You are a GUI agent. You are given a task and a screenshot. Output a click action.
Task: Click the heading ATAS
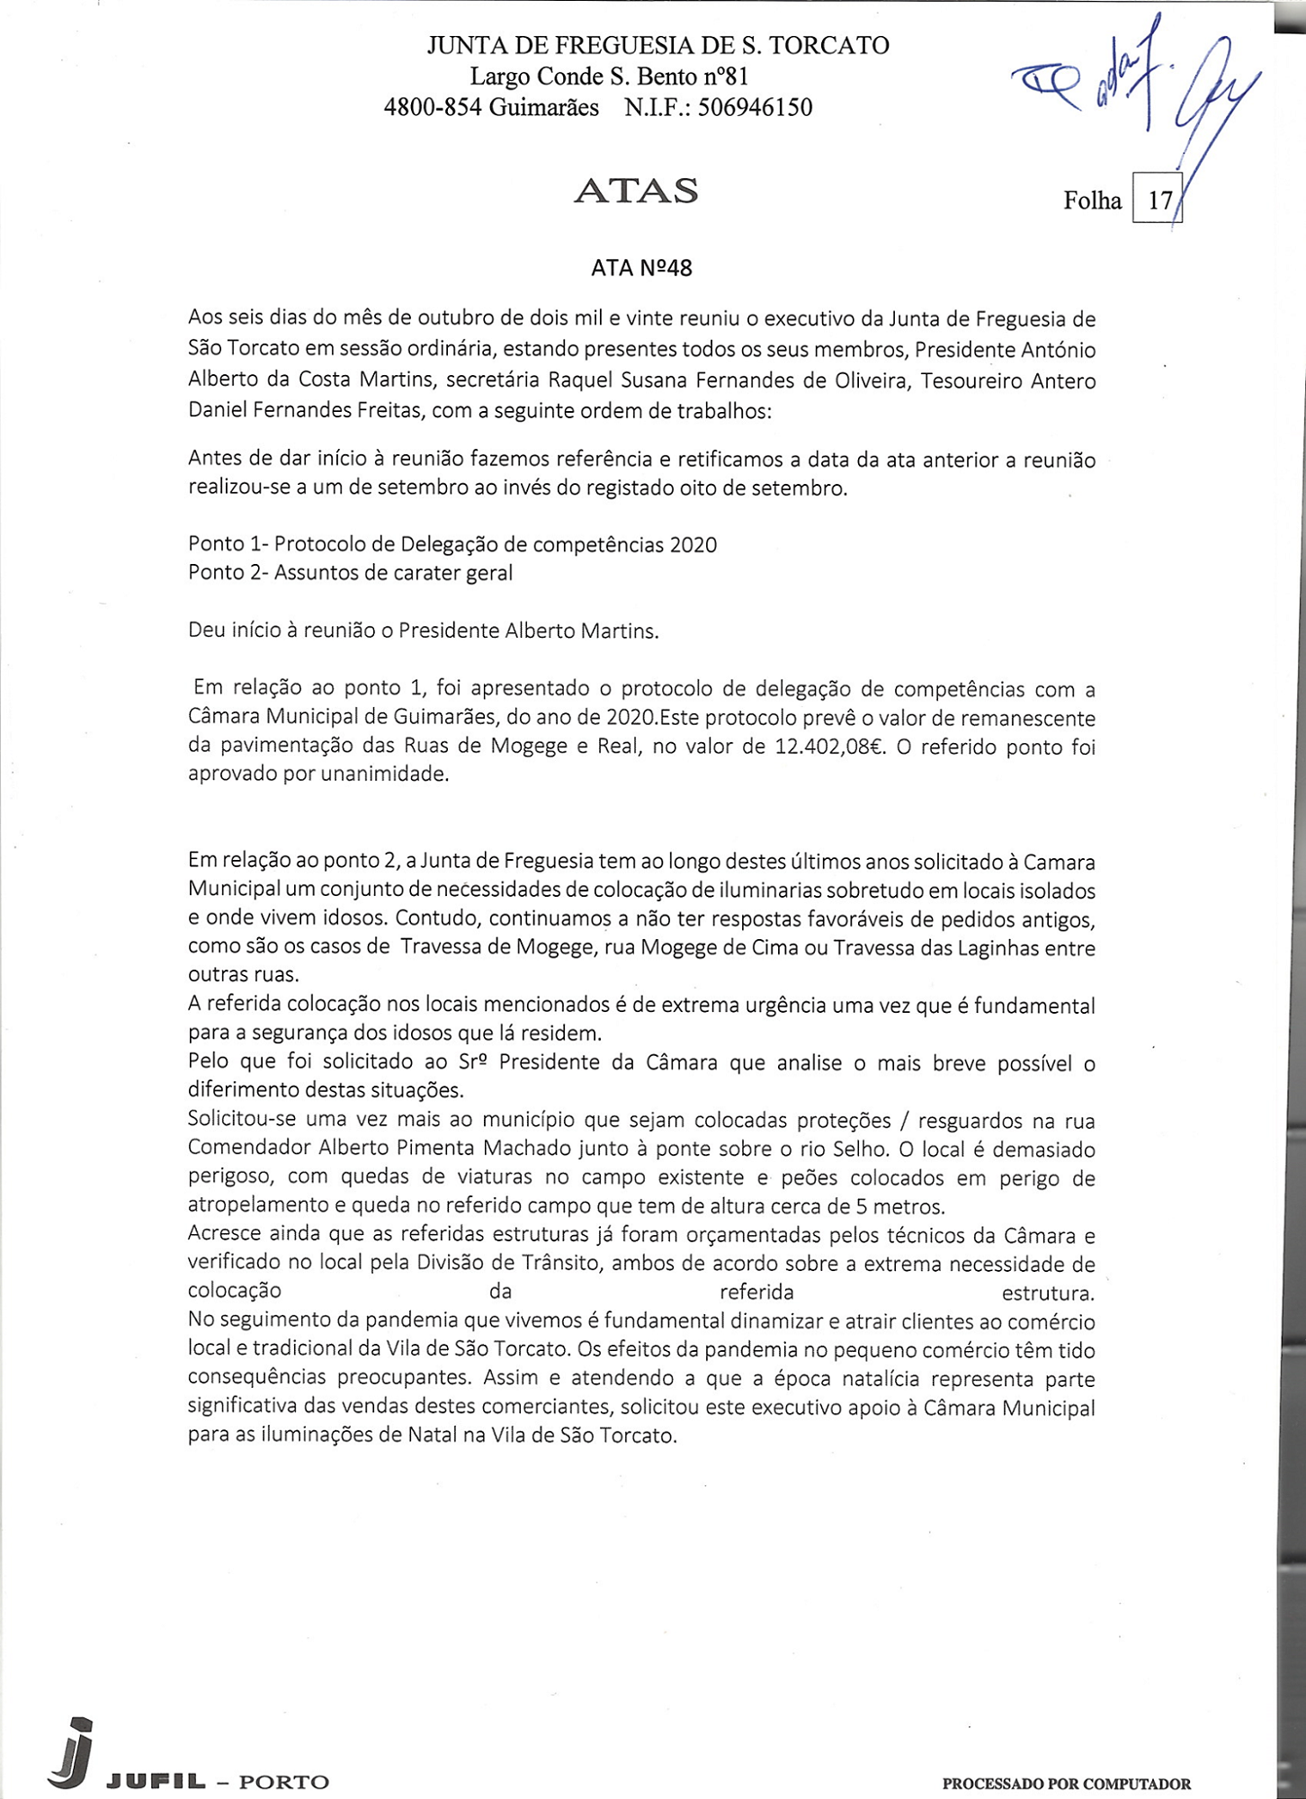635,191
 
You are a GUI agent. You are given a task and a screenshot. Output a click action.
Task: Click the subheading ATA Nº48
641,268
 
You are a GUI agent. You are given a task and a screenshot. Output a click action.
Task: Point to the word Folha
1092,200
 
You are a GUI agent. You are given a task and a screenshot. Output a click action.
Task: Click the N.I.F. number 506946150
755,108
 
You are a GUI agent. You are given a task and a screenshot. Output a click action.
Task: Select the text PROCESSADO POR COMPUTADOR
1066,1784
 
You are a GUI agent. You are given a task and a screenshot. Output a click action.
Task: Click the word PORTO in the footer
284,1782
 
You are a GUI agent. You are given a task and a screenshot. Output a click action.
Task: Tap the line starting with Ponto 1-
452,544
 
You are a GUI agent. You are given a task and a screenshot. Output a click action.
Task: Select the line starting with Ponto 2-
350,573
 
